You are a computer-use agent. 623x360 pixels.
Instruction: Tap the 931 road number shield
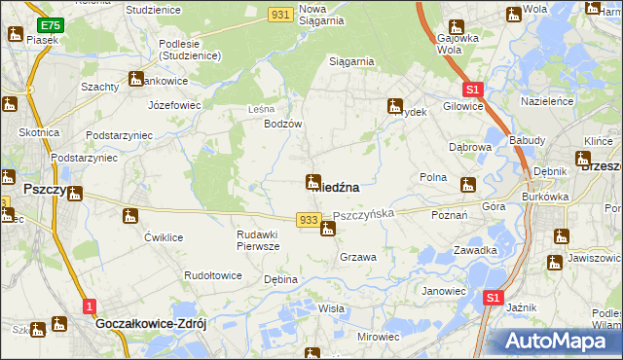(x=281, y=14)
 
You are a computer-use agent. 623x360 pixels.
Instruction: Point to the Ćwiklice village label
(x=164, y=237)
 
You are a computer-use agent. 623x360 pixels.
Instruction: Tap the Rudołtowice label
(x=213, y=275)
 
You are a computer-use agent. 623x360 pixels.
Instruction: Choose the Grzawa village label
(x=358, y=257)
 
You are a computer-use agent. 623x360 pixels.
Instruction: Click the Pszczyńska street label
(x=363, y=212)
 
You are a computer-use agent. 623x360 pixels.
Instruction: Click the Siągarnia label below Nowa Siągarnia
(x=351, y=61)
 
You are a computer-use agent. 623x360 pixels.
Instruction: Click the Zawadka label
(x=475, y=250)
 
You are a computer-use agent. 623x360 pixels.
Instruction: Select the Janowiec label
(x=443, y=290)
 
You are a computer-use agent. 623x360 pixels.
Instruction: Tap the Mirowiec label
(x=379, y=336)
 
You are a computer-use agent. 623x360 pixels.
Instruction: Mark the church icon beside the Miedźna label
(x=313, y=182)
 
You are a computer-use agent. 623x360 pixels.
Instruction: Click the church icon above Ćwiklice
(x=130, y=216)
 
